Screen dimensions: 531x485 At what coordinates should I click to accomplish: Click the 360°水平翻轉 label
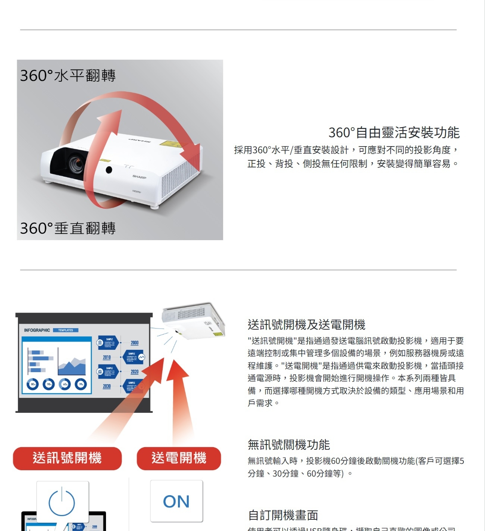point(68,75)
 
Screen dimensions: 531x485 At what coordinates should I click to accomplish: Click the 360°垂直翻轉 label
point(68,228)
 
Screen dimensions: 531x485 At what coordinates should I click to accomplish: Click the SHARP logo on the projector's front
point(139,177)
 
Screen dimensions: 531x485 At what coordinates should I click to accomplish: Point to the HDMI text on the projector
point(137,191)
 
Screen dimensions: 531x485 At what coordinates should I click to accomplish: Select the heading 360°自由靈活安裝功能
point(394,132)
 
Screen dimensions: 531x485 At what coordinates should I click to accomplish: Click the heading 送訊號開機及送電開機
point(306,324)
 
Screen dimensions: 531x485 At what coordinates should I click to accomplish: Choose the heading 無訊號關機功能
point(289,444)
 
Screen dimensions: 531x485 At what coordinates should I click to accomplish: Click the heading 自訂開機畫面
point(283,515)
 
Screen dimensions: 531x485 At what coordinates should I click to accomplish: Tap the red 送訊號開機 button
point(67,458)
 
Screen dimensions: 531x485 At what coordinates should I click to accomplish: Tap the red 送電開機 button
point(179,458)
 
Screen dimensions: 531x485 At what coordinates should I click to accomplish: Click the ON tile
point(176,501)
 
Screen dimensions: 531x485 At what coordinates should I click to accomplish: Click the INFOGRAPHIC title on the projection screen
point(37,330)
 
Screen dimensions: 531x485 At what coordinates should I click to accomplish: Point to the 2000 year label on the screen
point(134,343)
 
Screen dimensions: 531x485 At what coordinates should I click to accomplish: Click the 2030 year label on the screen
point(107,386)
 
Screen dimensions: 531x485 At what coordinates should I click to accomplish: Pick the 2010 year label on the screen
point(107,357)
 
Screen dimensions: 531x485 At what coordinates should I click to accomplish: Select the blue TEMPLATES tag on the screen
point(66,330)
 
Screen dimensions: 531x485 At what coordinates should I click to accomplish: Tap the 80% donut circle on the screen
point(33,384)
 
